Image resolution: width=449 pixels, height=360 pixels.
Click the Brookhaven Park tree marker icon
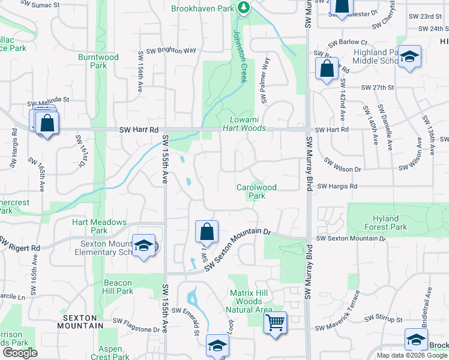coord(243,7)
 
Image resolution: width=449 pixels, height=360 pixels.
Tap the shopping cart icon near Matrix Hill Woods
coord(275,322)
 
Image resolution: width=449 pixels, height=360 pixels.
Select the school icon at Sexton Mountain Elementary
coord(143,245)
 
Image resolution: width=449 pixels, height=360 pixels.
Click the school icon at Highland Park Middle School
coord(409,57)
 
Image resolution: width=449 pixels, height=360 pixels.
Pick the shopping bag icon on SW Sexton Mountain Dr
coord(206,231)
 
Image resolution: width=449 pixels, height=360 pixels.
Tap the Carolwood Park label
coord(256,191)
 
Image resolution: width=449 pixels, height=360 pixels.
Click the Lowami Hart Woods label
coord(244,124)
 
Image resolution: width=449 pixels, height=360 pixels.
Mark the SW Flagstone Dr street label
coord(140,329)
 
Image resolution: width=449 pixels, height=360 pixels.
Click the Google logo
coord(20,353)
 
